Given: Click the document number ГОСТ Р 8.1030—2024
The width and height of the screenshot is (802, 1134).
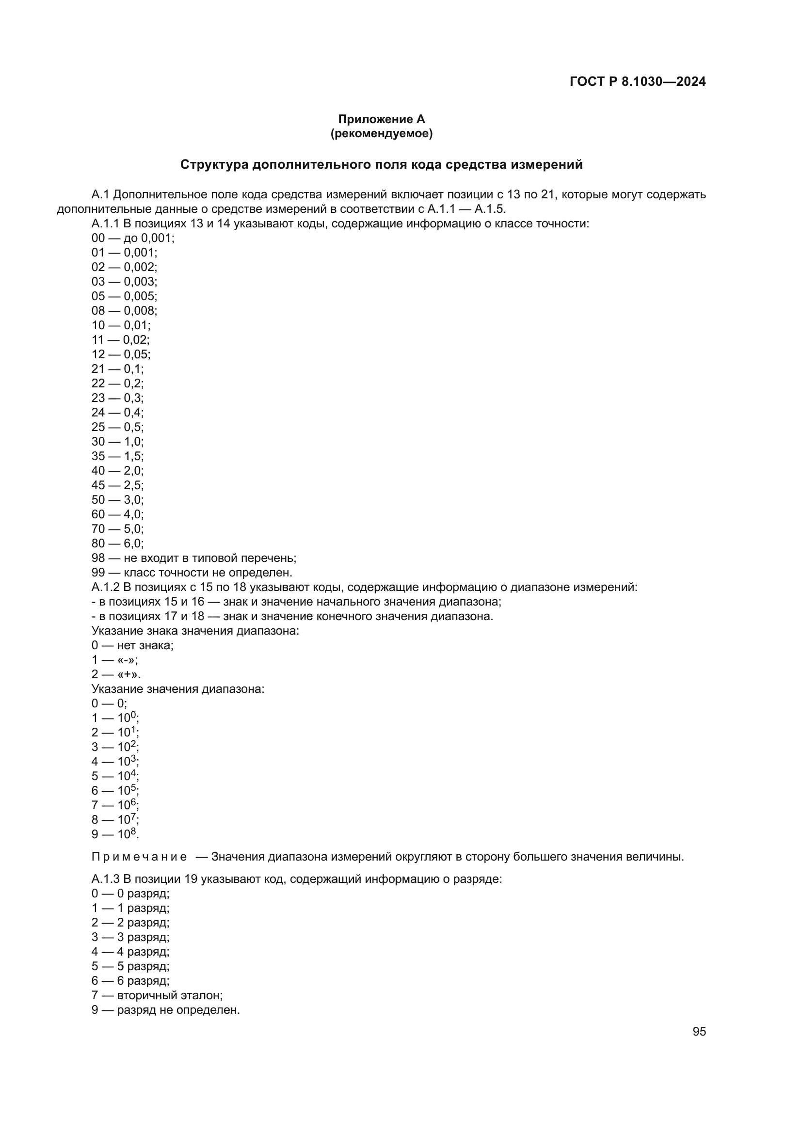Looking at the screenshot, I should click(637, 81).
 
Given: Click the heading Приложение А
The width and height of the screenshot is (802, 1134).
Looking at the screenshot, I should click(381, 119).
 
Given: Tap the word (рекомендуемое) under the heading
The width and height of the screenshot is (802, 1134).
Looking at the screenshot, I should click(381, 133).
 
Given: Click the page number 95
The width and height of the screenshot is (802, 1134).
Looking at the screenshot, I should click(699, 1031).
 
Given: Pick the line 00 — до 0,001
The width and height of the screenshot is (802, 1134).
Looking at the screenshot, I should click(133, 238).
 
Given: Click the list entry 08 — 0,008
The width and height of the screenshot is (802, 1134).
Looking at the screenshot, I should click(125, 311).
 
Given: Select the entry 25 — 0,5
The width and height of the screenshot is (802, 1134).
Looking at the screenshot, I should click(117, 427).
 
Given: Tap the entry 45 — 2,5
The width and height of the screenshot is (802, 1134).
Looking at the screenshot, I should click(117, 485).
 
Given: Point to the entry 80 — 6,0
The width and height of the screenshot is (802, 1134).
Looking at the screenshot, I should click(117, 543).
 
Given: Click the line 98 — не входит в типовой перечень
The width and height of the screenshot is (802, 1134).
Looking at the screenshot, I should click(193, 558).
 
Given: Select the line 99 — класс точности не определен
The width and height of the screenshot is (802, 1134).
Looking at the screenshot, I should click(192, 573).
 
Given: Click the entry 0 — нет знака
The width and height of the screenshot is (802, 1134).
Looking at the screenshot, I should click(132, 645).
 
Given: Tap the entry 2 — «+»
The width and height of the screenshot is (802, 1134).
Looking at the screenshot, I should click(116, 674).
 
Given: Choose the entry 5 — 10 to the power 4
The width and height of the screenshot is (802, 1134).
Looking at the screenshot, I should click(115, 776).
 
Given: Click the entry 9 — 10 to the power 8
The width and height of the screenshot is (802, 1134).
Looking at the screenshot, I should click(115, 834).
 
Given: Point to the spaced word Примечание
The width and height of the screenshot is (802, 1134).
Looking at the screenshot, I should click(139, 857).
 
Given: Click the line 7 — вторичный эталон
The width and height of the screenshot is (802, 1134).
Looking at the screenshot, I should click(157, 995).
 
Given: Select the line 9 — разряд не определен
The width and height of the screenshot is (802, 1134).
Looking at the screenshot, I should click(165, 1010).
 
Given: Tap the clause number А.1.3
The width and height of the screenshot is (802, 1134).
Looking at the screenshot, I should click(105, 879).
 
